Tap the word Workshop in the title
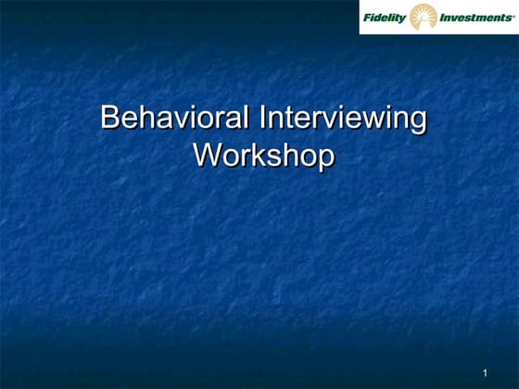pyautogui.click(x=262, y=154)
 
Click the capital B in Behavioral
pyautogui.click(x=110, y=119)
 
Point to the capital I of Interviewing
pyautogui.click(x=261, y=119)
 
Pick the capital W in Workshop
pyautogui.click(x=207, y=154)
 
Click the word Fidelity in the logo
pyautogui.click(x=386, y=16)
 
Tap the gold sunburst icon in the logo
pyautogui.click(x=424, y=17)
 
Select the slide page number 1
pyautogui.click(x=485, y=372)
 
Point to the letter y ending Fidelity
pyautogui.click(x=405, y=18)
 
